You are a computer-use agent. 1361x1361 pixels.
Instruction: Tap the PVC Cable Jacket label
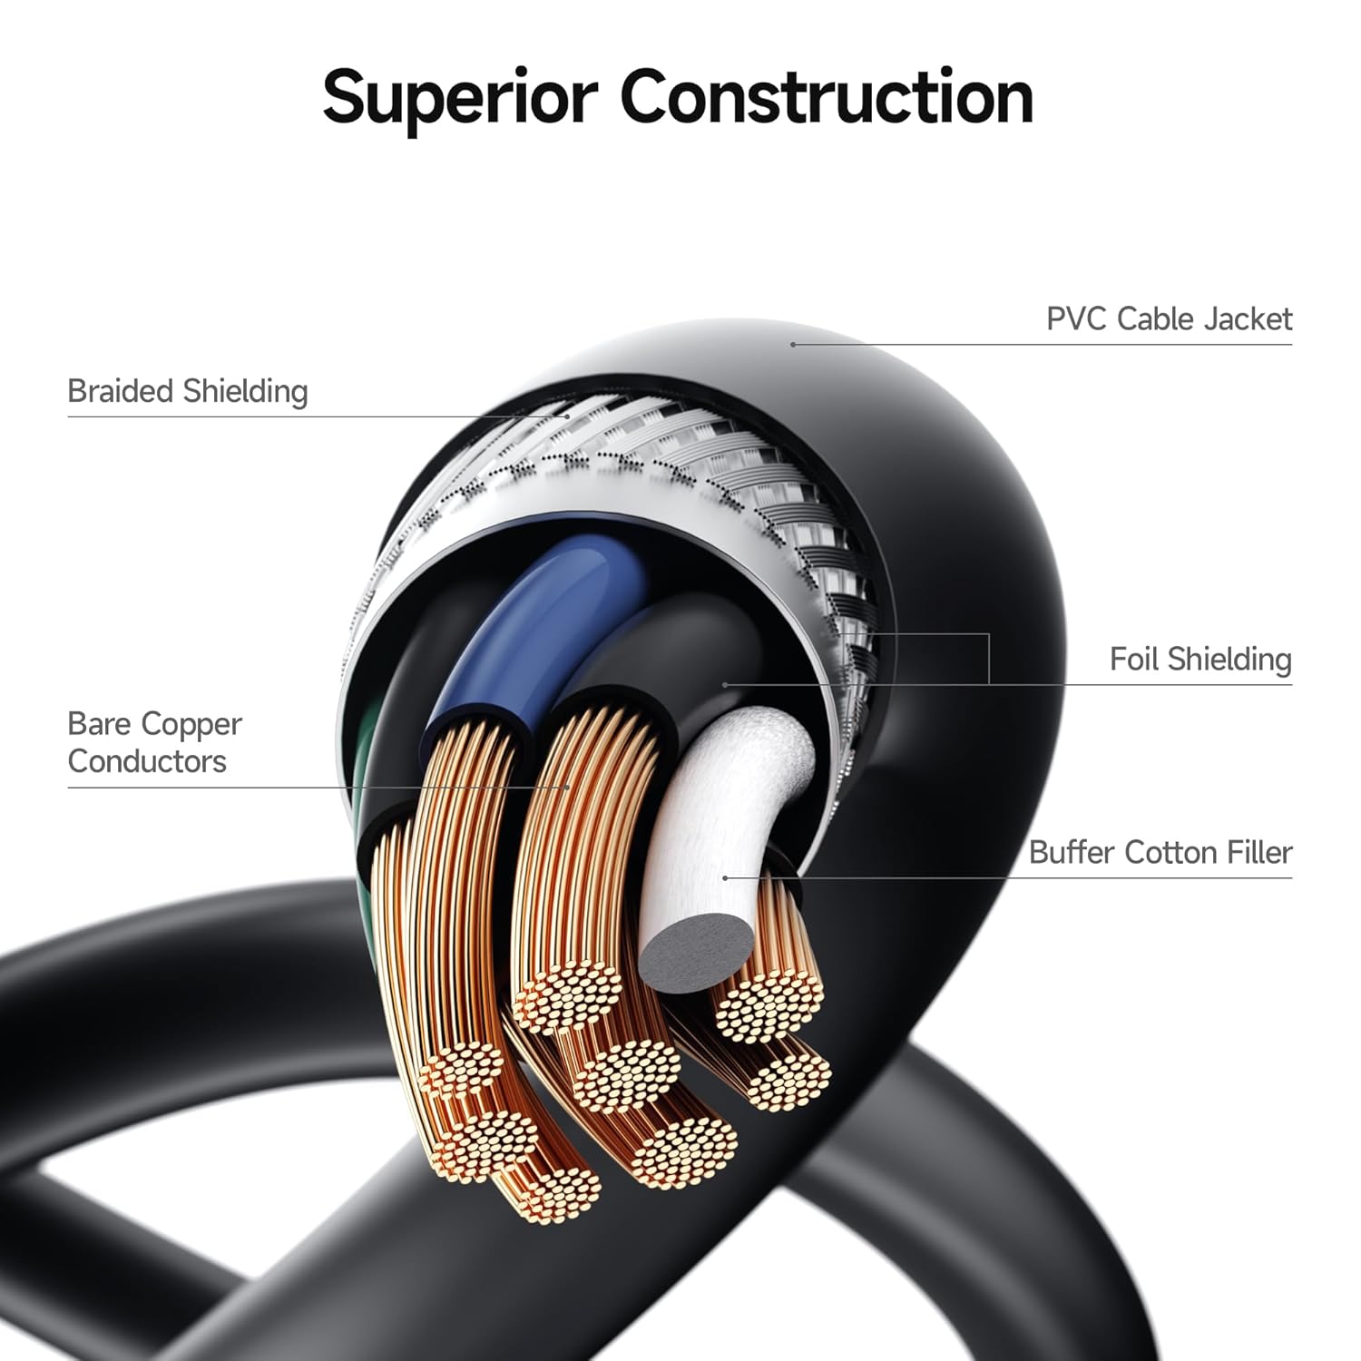1169,319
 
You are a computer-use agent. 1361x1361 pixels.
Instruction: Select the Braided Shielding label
188,391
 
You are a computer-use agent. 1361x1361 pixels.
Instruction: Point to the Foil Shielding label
1199,659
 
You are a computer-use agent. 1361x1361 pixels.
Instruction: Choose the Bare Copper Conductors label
154,742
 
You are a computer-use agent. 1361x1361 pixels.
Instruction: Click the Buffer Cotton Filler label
1160,853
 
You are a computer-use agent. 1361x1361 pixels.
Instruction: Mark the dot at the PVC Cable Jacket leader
793,345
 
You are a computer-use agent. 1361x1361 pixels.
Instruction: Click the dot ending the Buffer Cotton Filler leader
725,877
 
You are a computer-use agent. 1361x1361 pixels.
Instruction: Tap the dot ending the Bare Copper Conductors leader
569,787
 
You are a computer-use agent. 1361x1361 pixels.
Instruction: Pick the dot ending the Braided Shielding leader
568,416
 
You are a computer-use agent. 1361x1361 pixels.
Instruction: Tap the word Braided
121,391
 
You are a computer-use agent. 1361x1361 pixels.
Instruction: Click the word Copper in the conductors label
192,725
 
